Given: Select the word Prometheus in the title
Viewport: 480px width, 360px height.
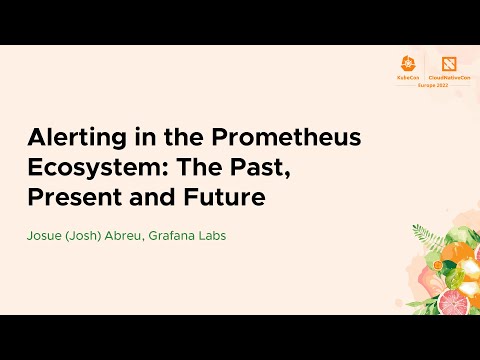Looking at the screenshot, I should point(253,139).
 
